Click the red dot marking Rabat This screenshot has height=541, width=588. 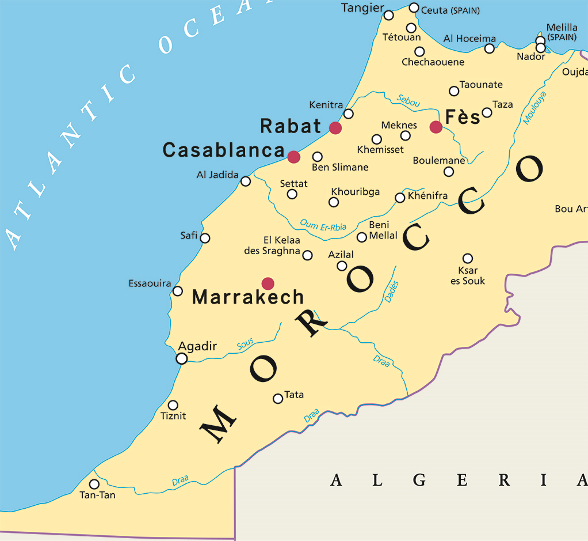pyautogui.click(x=335, y=127)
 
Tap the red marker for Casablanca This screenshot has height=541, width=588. pyautogui.click(x=294, y=157)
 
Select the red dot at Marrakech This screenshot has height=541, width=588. pyautogui.click(x=268, y=283)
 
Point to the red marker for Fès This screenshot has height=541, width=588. pyautogui.click(x=436, y=127)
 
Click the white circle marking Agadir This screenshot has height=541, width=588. pyautogui.click(x=182, y=358)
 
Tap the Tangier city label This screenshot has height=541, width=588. pyautogui.click(x=362, y=8)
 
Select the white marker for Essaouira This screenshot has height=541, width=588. pyautogui.click(x=178, y=291)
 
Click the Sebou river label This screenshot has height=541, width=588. pyautogui.click(x=408, y=100)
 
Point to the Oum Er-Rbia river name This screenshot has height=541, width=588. pyautogui.click(x=323, y=226)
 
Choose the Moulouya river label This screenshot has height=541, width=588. pyautogui.click(x=534, y=108)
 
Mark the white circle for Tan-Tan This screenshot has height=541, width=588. pyautogui.click(x=94, y=484)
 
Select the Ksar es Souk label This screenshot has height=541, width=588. pyautogui.click(x=468, y=275)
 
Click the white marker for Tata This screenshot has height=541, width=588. pyautogui.click(x=278, y=398)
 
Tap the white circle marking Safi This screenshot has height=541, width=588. pyautogui.click(x=205, y=238)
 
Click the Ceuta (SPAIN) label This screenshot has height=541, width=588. pyautogui.click(x=450, y=10)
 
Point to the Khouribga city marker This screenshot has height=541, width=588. pyautogui.click(x=333, y=202)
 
